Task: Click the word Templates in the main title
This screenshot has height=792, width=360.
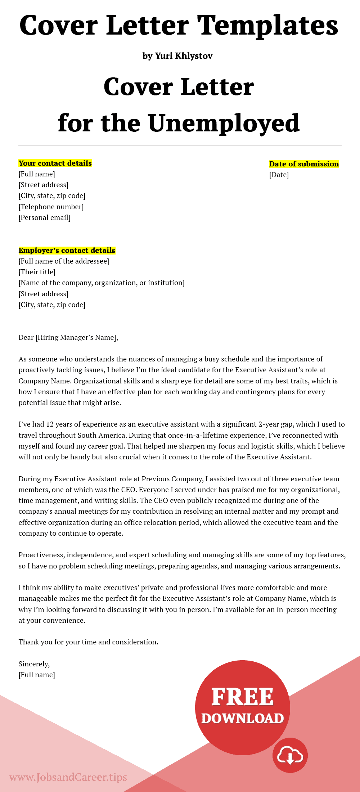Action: [268, 26]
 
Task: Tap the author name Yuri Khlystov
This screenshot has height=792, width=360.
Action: [184, 56]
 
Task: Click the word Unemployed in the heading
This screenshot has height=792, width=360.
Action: [224, 123]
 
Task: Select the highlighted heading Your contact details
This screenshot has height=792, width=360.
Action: [55, 163]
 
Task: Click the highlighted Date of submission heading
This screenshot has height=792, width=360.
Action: [304, 164]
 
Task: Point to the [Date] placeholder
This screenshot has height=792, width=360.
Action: [279, 175]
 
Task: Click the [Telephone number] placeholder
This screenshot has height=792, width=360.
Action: [51, 207]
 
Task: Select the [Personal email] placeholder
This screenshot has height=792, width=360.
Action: [45, 217]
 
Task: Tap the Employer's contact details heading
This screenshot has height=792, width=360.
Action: [67, 250]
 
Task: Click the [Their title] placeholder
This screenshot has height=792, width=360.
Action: [37, 272]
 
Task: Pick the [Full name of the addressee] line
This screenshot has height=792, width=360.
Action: [64, 261]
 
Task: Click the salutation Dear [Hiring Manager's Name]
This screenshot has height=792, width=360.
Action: [68, 337]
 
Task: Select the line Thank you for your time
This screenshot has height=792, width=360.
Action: [88, 642]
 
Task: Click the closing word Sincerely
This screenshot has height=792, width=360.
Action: [34, 664]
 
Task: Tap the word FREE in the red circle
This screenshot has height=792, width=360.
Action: [242, 697]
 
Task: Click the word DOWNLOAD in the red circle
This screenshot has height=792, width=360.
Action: [242, 719]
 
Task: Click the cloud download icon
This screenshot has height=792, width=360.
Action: [290, 756]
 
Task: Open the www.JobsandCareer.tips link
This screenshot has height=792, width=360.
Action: [68, 777]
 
